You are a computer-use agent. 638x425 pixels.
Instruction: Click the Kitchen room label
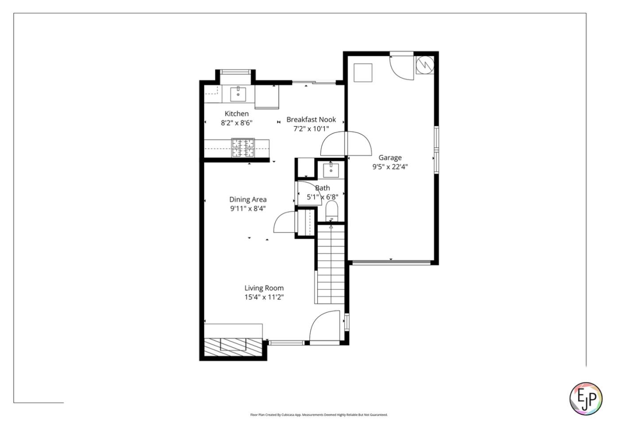click(236, 114)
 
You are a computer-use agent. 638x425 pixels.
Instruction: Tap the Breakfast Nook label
click(311, 120)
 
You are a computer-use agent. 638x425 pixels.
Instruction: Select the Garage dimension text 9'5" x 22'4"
click(390, 167)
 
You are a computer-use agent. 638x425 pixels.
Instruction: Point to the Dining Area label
click(248, 199)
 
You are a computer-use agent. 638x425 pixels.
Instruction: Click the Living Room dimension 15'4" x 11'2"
click(264, 297)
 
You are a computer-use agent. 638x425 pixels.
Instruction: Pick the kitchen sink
click(238, 94)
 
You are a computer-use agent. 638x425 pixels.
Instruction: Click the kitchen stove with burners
click(243, 148)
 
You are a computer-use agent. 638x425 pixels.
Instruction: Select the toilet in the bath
click(331, 210)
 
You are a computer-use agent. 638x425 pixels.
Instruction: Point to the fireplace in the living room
click(233, 344)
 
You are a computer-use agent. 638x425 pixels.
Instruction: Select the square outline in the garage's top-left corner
click(363, 73)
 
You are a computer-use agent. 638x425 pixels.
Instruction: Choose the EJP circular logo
click(586, 398)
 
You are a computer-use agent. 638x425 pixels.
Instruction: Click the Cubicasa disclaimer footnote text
click(319, 415)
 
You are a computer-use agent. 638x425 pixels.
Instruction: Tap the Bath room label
click(323, 188)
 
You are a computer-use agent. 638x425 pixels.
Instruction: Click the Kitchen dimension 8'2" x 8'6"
click(237, 123)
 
